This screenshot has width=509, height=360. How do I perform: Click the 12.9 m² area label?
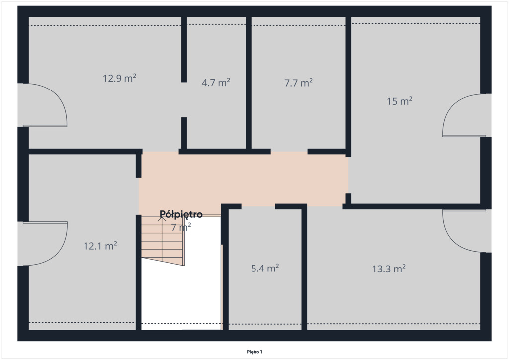[119, 78]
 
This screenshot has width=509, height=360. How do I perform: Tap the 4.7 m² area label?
[216, 82]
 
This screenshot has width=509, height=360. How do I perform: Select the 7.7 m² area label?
[298, 83]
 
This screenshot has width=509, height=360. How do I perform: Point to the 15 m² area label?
[399, 101]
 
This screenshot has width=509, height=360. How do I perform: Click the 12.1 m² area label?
[100, 246]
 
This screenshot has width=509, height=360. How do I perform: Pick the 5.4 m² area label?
[265, 268]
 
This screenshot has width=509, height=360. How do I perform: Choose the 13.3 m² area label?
[389, 269]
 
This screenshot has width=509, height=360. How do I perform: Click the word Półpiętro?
[181, 214]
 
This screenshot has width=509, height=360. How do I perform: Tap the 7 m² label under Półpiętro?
[181, 227]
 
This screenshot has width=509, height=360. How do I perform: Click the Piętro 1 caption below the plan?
[254, 352]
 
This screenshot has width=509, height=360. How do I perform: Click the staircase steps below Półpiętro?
[163, 240]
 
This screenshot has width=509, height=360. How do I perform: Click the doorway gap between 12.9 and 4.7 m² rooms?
[184, 99]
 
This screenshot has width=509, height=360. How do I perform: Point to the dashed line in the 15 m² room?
[416, 23]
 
